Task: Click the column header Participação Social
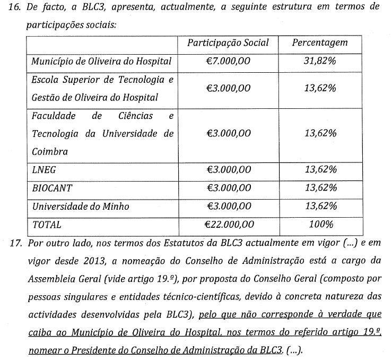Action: point(228,43)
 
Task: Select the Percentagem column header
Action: point(320,43)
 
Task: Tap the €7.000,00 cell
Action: point(228,61)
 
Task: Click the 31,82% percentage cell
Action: point(320,61)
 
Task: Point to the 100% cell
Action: point(320,224)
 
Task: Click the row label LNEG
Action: point(44,170)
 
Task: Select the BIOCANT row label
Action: point(52,188)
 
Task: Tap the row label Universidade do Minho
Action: point(80,206)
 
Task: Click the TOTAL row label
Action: point(47,224)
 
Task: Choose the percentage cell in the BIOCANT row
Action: point(320,188)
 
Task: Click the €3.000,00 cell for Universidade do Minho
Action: point(228,206)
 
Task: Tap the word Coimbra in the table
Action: point(50,151)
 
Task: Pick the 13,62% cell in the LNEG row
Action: point(320,170)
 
